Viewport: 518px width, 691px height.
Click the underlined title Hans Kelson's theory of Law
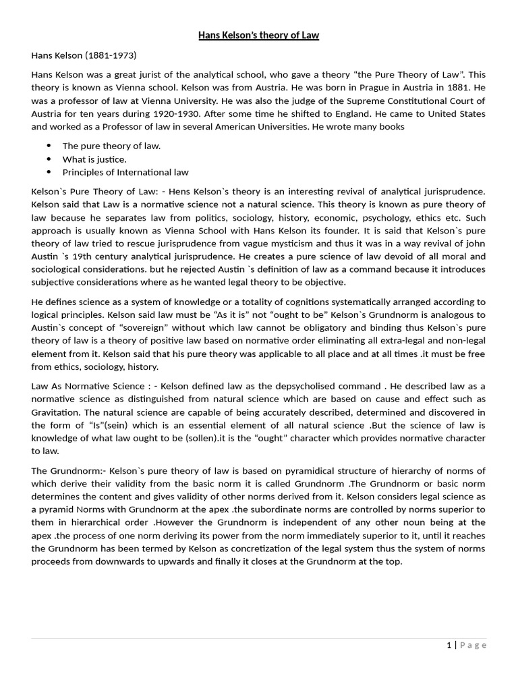pos(258,35)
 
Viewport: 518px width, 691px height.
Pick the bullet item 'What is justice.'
pos(94,159)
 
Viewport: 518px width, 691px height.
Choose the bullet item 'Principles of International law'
pos(125,172)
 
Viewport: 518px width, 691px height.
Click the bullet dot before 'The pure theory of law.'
pos(49,146)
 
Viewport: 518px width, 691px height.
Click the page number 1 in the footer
pos(449,645)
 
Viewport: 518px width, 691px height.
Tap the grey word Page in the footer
pos(473,645)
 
